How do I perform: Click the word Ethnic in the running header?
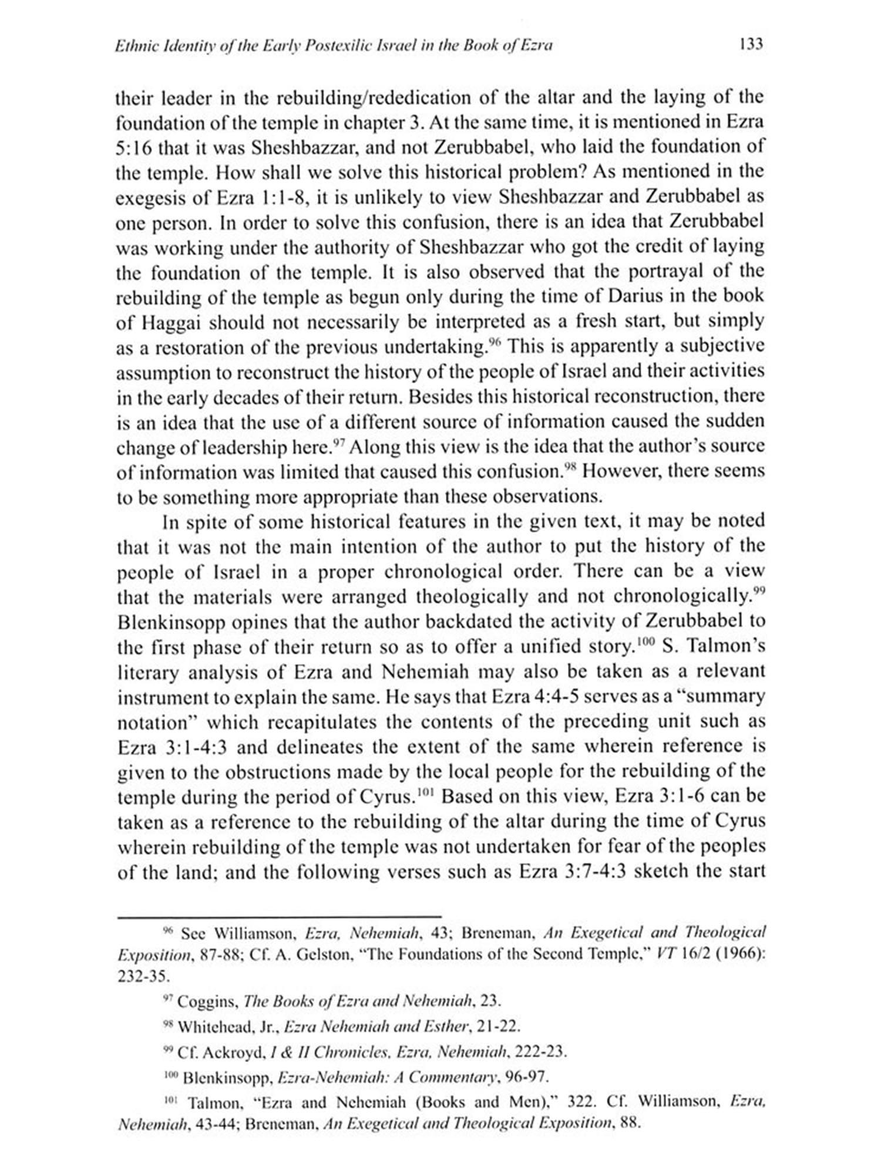133,45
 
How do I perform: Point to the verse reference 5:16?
134,147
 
